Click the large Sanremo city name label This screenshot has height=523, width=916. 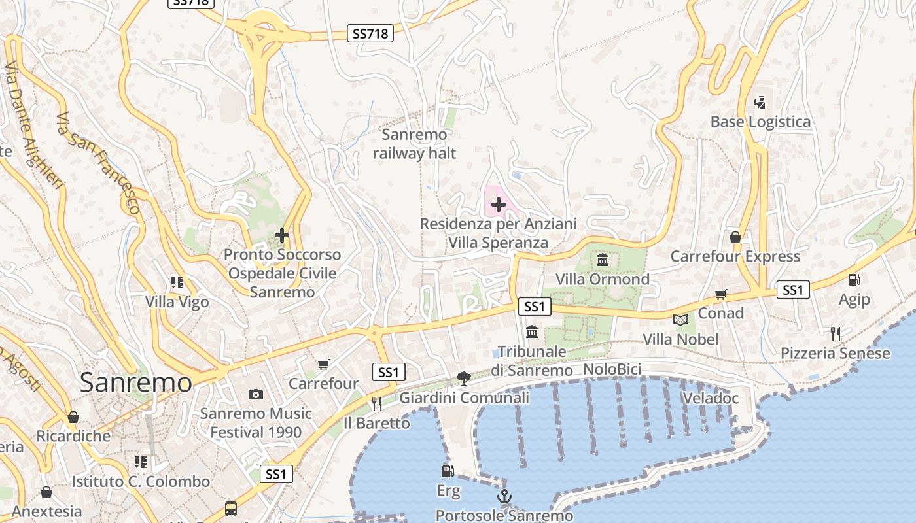tap(136, 383)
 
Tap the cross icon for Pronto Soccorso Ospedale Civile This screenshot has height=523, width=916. tap(282, 235)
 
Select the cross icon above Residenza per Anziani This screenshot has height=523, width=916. tap(499, 205)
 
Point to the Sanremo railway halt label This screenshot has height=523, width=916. tap(414, 144)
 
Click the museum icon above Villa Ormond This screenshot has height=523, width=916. tap(603, 260)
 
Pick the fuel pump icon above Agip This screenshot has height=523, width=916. tap(854, 280)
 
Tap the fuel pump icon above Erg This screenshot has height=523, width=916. tap(448, 471)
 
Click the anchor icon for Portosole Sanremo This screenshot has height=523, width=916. tap(504, 497)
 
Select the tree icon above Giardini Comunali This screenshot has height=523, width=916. tap(464, 378)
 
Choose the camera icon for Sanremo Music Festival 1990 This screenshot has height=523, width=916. tap(256, 394)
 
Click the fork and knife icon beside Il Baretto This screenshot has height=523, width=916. tap(376, 403)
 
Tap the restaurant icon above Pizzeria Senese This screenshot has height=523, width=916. tap(835, 334)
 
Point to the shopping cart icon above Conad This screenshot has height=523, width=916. tap(720, 294)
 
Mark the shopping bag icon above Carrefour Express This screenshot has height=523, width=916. tap(735, 237)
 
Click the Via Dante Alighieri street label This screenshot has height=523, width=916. tap(33, 125)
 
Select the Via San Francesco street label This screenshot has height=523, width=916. tap(98, 163)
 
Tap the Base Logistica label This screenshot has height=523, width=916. tap(760, 122)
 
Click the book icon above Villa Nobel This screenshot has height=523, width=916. tap(680, 320)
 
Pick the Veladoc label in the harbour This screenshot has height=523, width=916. tap(710, 398)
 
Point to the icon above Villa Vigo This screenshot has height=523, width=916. tap(177, 282)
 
